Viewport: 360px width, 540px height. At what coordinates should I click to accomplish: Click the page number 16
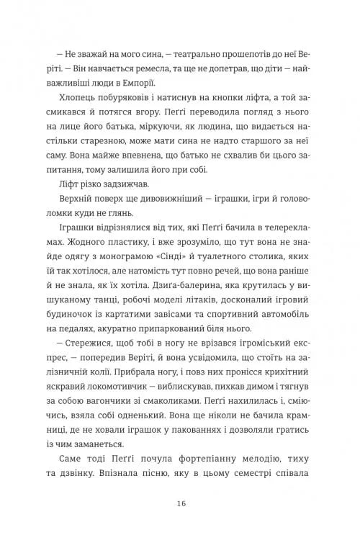pos(179,503)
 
